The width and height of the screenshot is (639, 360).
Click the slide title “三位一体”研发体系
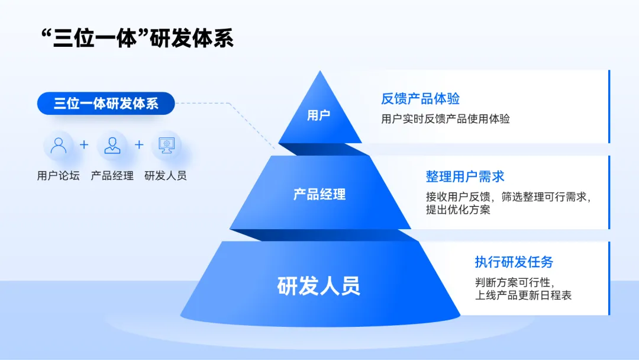pyautogui.click(x=136, y=37)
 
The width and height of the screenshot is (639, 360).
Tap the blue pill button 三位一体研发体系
pyautogui.click(x=106, y=104)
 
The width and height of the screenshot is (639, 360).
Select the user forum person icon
pyautogui.click(x=59, y=145)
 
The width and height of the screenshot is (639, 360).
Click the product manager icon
pyautogui.click(x=112, y=145)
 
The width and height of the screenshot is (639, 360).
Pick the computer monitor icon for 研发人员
pyautogui.click(x=166, y=145)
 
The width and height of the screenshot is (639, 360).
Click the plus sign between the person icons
pyautogui.click(x=84, y=144)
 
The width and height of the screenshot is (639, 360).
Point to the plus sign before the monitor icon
pyautogui.click(x=139, y=144)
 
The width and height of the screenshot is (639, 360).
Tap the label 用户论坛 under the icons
pyautogui.click(x=58, y=176)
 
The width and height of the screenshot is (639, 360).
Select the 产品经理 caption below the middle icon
pyautogui.click(x=112, y=176)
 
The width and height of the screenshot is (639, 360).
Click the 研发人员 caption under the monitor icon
pyautogui.click(x=166, y=176)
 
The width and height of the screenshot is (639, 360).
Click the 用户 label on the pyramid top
pyautogui.click(x=319, y=115)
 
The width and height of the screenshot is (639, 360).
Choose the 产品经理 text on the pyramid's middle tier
pyautogui.click(x=319, y=194)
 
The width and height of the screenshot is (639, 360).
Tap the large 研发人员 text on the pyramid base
pyautogui.click(x=319, y=286)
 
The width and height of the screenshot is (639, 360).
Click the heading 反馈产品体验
pyautogui.click(x=420, y=98)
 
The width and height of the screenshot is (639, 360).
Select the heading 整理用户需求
pyautogui.click(x=465, y=176)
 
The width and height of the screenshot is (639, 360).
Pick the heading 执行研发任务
pyautogui.click(x=514, y=262)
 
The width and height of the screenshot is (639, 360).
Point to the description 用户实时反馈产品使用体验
pyautogui.click(x=446, y=119)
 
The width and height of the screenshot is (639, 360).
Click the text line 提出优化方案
pyautogui.click(x=458, y=210)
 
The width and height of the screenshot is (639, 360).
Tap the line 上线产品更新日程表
pyautogui.click(x=524, y=295)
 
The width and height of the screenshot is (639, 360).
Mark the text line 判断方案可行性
pyautogui.click(x=514, y=282)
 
